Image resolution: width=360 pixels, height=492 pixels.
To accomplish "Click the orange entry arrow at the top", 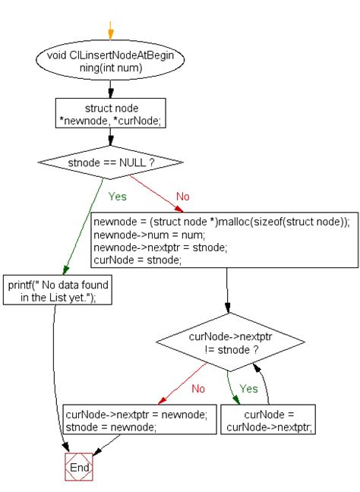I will pos(111,30).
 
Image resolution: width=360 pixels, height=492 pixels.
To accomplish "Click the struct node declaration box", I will pos(111,114).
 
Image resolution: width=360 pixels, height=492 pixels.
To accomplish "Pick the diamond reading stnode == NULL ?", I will pos(111,162).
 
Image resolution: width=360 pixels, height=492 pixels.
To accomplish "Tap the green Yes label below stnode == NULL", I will pos(118,196).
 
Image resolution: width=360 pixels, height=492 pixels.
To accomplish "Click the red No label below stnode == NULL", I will pos(182,196).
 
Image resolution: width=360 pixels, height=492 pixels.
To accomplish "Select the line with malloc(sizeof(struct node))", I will pos(221,222).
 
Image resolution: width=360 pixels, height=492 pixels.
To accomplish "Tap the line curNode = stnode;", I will pos(137,260).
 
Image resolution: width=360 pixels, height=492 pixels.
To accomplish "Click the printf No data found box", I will pos(58,291).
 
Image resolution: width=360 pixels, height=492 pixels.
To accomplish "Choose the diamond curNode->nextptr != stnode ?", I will pos(229,340).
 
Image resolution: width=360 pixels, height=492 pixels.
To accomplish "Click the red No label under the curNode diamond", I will pos(198,388).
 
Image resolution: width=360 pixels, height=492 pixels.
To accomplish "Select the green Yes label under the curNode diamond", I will pos(248,388).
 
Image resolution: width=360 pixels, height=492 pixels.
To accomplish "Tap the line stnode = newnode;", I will pos(111,427).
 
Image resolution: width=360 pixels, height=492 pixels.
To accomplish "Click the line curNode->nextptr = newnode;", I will pos(140,415).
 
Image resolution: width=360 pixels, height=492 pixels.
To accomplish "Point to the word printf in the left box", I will pos(21,285).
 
